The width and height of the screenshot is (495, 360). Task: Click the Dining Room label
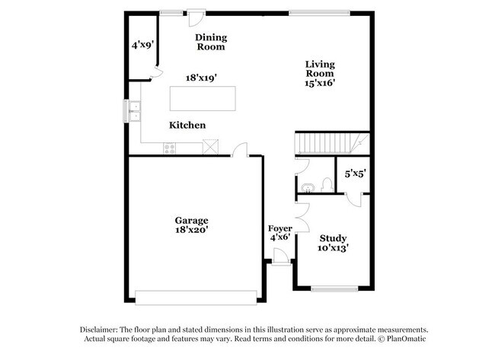pos(210,42)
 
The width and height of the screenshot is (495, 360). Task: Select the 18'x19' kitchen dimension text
pos(203,77)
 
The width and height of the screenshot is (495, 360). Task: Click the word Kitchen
pos(187,125)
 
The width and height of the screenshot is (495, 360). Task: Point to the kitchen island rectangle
pos(203,100)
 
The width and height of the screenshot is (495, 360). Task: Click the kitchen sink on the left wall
pos(135,112)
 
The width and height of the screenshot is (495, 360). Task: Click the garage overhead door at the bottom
pos(196,296)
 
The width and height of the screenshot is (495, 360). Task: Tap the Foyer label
pos(279,228)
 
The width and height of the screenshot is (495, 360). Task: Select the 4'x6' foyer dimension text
pos(279,237)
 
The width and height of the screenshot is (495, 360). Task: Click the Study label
pos(334,237)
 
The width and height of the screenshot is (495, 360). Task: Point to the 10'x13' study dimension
pos(334,247)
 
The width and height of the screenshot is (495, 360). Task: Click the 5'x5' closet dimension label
pos(356,174)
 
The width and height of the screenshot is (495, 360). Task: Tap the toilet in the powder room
pos(325,184)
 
